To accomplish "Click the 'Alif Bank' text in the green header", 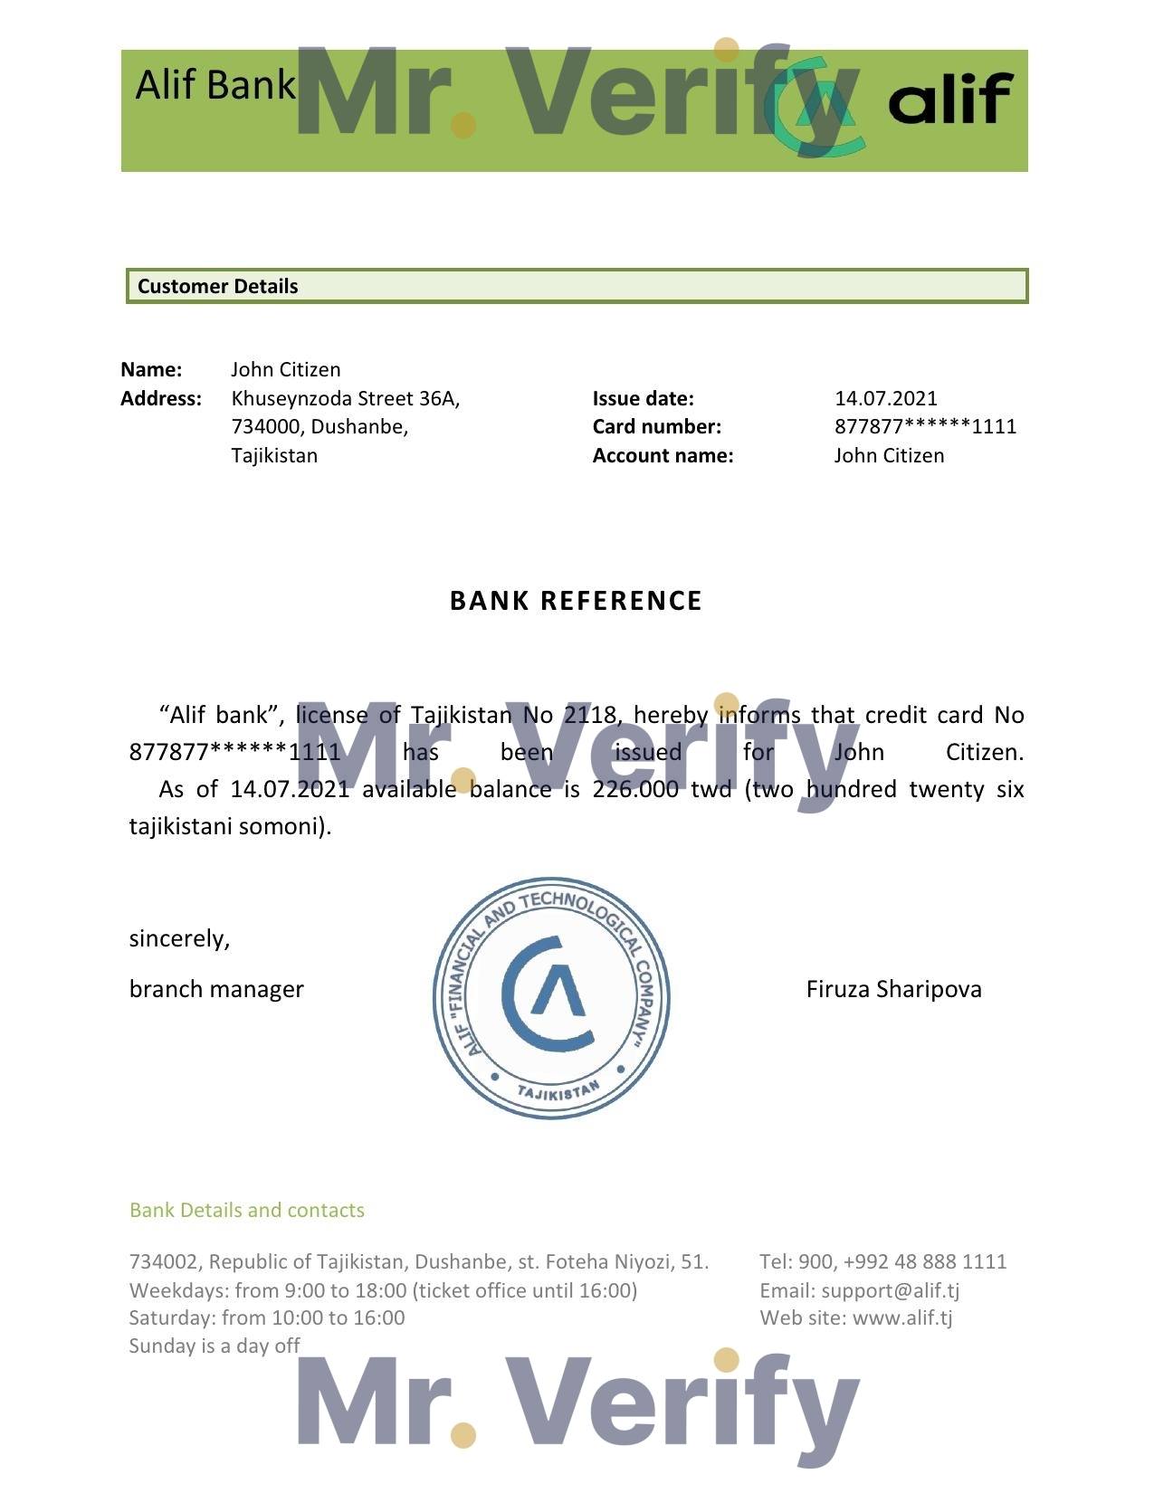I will pos(215,85).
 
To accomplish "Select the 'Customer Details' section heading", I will pos(217,286).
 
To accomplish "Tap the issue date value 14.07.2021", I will pos(885,398).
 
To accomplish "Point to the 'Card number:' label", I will pos(656,426).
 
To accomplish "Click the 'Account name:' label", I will pos(663,455).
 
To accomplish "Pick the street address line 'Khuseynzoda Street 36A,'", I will pos(345,398).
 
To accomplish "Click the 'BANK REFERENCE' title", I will pos(576,601).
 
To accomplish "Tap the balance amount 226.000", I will pos(634,789).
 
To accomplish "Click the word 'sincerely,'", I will pos(179,938).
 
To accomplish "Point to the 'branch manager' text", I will pos(216,989).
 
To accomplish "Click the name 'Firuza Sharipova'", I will pos(893,989).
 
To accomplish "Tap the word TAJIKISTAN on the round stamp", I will pos(558,1090).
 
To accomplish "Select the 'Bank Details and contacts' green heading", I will pos(246,1210).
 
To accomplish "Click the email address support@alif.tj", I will pos(890,1289).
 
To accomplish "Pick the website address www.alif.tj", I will pos(901,1317).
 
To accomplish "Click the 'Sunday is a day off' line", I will pos(214,1346).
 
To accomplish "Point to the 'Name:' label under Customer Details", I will pos(151,369).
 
